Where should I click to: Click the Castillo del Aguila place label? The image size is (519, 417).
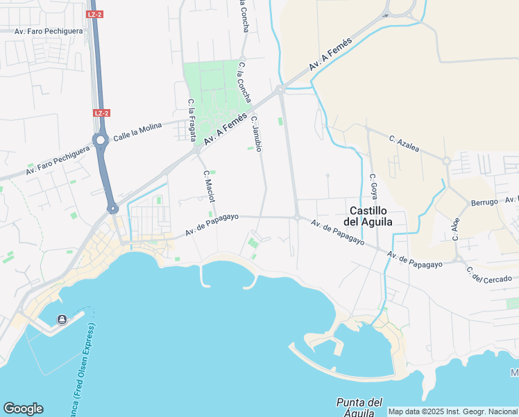coord(368,216)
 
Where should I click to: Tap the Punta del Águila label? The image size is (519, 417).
coord(359,407)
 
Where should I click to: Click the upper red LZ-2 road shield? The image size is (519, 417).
coord(96,14)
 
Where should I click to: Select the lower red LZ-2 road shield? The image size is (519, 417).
coord(101,113)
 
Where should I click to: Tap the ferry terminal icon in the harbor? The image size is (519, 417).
coord(62,319)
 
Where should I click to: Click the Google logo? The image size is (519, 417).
coord(23,409)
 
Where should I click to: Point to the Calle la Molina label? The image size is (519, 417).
coord(137,129)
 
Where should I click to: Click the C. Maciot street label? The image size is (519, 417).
coord(207,183)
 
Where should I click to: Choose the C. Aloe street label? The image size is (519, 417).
coord(456,229)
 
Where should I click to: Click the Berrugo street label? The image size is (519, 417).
coord(484,202)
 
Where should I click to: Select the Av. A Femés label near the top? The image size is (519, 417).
coord(330,54)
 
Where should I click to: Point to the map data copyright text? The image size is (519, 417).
coord(452,411)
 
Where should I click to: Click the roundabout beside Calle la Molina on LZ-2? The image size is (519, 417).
coord(101,140)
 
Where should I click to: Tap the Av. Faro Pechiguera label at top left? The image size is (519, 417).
coord(49,31)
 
